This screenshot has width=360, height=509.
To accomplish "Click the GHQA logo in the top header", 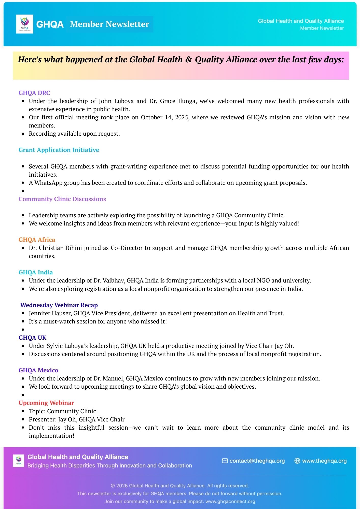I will point(24,24).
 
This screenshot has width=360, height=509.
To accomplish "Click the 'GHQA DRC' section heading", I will point(34,93).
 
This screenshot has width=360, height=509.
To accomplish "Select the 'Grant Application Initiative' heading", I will point(59,150).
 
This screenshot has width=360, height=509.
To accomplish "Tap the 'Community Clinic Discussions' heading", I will point(62,199).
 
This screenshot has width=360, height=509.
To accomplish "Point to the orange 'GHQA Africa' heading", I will point(37,240).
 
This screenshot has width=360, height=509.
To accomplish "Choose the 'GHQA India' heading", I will point(36,272).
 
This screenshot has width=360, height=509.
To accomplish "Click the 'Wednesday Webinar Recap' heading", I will point(59,305).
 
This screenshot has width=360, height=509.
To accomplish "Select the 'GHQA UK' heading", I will point(33,338).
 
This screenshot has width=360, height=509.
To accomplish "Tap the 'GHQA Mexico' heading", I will point(38,370).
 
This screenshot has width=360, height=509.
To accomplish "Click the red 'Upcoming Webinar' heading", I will point(46,403).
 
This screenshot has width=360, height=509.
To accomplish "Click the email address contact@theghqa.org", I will point(257,461).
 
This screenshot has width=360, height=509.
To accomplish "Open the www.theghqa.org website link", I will point(324,461).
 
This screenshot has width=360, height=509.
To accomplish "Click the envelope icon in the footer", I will point(225,461).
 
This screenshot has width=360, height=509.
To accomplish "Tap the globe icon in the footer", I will point(297,461).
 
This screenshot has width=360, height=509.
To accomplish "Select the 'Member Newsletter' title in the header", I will point(109,24).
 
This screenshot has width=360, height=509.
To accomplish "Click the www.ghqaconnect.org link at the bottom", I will point(230,501).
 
